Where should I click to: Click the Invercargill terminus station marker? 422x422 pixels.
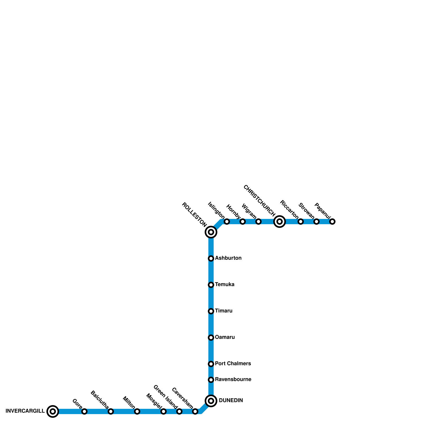pos(53,411)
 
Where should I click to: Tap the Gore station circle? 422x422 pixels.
pos(84,411)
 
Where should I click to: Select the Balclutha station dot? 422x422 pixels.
pos(111,411)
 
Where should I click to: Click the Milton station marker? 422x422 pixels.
pos(137,411)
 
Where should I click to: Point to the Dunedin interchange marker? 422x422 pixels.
pos(211,401)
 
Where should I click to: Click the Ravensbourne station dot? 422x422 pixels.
pos(211,380)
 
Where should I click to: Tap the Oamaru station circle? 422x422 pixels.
pos(211,338)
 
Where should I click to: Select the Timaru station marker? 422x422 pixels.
pos(211,311)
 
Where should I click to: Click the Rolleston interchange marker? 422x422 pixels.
pos(211,232)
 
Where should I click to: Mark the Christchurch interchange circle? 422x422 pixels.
pos(280,222)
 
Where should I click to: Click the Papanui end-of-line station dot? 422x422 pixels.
pos(332,222)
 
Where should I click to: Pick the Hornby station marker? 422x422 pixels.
pos(243,222)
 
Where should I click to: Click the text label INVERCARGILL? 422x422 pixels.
pos(25,411)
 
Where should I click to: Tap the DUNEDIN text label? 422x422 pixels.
pos(231,401)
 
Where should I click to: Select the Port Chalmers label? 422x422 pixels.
pos(233,364)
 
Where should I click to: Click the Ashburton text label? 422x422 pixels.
pos(228,258)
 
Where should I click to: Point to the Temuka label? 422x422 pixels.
pos(225,285)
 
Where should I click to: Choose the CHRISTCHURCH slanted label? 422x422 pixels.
pos(259,201)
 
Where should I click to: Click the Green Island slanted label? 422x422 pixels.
pos(165,397)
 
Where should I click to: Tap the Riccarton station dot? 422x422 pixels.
pos(301,222)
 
